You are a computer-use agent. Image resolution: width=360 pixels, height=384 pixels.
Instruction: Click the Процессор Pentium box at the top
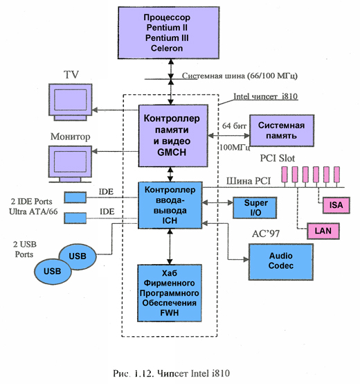pos(168,33)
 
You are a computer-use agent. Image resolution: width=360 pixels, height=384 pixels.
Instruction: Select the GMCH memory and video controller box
pos(173,136)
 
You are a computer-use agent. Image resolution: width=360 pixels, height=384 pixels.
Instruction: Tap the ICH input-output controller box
pos(170,205)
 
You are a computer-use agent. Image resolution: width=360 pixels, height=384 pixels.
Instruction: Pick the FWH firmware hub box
pos(170,293)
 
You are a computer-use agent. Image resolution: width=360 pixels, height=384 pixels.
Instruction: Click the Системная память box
pos(282,130)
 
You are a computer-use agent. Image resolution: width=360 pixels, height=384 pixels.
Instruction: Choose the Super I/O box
pos(255,208)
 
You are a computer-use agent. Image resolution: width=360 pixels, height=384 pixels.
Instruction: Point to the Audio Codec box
pos(281,262)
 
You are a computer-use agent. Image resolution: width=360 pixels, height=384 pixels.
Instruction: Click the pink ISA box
pos(336,205)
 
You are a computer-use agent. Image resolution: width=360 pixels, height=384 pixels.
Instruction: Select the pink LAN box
pos(323,231)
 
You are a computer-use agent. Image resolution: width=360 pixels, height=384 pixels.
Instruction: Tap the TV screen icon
pos(71,102)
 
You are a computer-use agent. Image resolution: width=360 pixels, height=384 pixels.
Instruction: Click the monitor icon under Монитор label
pos(70,164)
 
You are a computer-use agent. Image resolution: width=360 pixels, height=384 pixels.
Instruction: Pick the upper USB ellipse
pos(78,256)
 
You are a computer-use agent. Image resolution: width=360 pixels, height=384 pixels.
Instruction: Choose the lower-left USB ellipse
pos(53,271)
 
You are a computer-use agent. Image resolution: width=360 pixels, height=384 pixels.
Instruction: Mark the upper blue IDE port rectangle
pos(75,198)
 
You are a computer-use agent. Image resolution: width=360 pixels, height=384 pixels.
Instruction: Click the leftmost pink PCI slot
pos(284,175)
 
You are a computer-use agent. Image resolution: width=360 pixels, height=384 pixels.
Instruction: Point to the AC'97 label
pos(266,234)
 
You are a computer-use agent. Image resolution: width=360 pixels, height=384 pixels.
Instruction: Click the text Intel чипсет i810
pos(266,96)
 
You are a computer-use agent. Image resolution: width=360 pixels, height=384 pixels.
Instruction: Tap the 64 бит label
pos(234,126)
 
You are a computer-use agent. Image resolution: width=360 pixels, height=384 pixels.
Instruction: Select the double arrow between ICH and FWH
pos(170,247)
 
